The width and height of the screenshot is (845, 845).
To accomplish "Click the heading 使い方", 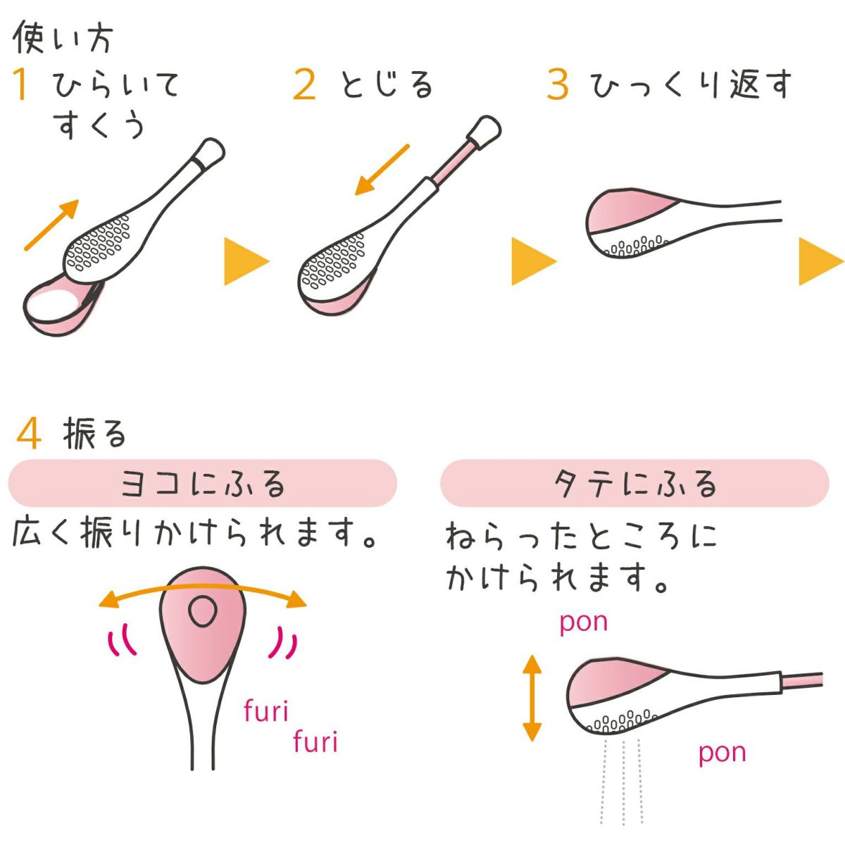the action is pos(63,38).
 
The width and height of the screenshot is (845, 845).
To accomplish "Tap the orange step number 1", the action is pos(20,84).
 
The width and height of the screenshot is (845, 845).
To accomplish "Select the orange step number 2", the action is pos(304,84).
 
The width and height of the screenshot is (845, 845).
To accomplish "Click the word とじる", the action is pos(387,84).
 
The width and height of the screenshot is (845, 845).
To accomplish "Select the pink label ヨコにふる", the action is pos(203,484).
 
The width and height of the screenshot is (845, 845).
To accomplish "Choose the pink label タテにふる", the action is pos(635,484).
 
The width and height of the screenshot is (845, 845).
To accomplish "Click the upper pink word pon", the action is pos(584,623).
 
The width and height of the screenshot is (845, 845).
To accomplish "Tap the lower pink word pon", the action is pos(722,753).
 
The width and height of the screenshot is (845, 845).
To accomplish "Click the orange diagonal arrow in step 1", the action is pos(51,225).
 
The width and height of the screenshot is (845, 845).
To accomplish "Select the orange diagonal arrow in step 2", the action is pos(382,170).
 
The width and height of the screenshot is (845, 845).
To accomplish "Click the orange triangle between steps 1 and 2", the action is pos(246,261).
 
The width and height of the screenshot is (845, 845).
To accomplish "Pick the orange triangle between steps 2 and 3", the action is pos(534,261).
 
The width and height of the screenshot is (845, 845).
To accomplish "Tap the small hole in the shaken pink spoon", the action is pos(203,612).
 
